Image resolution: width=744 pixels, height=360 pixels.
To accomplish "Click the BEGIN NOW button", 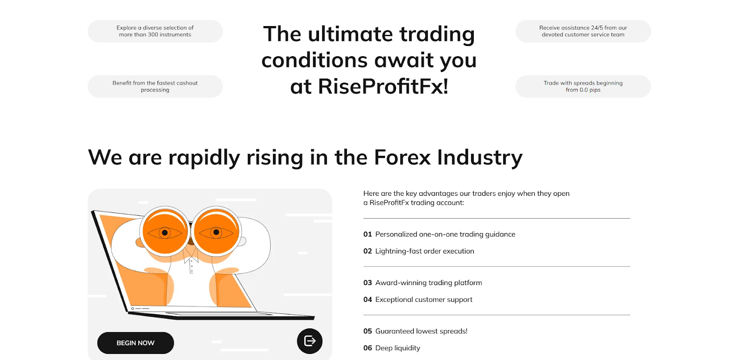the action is [135, 343].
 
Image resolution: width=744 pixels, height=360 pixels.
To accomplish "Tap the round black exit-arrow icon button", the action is [310, 341].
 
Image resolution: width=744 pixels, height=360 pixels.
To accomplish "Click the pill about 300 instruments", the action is [155, 31].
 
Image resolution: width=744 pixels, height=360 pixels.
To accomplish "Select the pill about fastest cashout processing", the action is [155, 87].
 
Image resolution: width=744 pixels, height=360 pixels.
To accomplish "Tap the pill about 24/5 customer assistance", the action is [583, 31].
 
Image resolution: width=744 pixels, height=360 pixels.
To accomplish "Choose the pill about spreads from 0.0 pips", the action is [583, 87].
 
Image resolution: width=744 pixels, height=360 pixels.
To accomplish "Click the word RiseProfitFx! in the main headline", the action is [383, 87].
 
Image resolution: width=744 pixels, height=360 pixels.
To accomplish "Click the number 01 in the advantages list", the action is [367, 234].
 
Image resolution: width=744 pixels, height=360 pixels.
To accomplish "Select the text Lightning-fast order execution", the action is [425, 251].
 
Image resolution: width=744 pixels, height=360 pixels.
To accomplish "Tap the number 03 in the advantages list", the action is [367, 283].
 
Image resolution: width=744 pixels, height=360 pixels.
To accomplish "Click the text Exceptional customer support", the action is [424, 300].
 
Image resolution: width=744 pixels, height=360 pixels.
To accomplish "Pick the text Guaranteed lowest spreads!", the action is [421, 331].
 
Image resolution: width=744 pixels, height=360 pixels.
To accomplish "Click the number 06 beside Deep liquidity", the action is [367, 348].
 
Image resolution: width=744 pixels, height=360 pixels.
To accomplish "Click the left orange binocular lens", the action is [165, 232].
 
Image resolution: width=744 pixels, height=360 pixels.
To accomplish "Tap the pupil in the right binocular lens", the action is [216, 232].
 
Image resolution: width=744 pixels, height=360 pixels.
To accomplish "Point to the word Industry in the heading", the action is [479, 158].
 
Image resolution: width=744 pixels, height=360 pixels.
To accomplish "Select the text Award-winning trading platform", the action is [428, 283].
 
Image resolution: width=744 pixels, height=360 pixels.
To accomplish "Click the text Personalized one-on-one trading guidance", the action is [445, 234].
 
